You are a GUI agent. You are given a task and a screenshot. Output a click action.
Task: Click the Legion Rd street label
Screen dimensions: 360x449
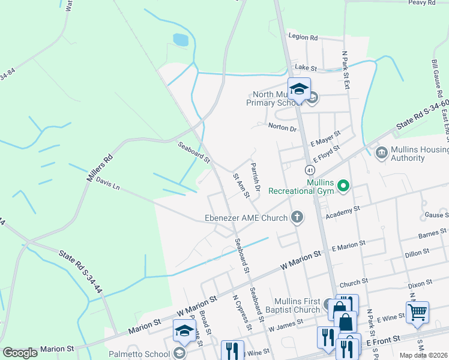tap(303, 37)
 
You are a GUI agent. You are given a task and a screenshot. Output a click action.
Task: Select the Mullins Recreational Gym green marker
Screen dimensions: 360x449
tap(343, 187)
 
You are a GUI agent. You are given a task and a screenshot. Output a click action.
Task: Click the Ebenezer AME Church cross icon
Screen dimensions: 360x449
tap(297, 218)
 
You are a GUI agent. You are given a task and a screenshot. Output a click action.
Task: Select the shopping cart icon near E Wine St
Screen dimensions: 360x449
tap(417, 312)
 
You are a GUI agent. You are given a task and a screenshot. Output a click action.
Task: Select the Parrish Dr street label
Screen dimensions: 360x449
tap(255, 177)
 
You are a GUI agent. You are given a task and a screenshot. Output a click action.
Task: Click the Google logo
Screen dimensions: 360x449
tap(20, 353)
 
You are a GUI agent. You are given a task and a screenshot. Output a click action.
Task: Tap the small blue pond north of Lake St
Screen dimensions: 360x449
tap(180, 40)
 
